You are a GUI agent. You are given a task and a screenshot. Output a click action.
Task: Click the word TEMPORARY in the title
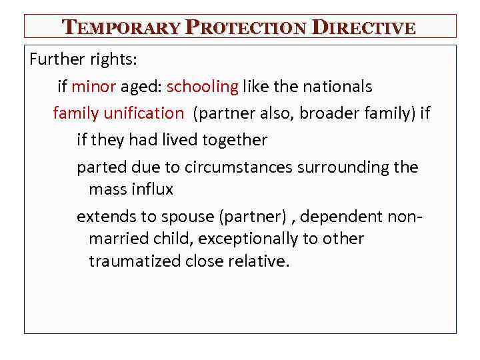[121, 28]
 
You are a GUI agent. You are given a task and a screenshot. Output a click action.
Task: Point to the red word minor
[94, 87]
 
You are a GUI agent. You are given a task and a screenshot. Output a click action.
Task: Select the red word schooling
[202, 87]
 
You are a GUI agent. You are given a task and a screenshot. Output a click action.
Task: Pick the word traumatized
[136, 261]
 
